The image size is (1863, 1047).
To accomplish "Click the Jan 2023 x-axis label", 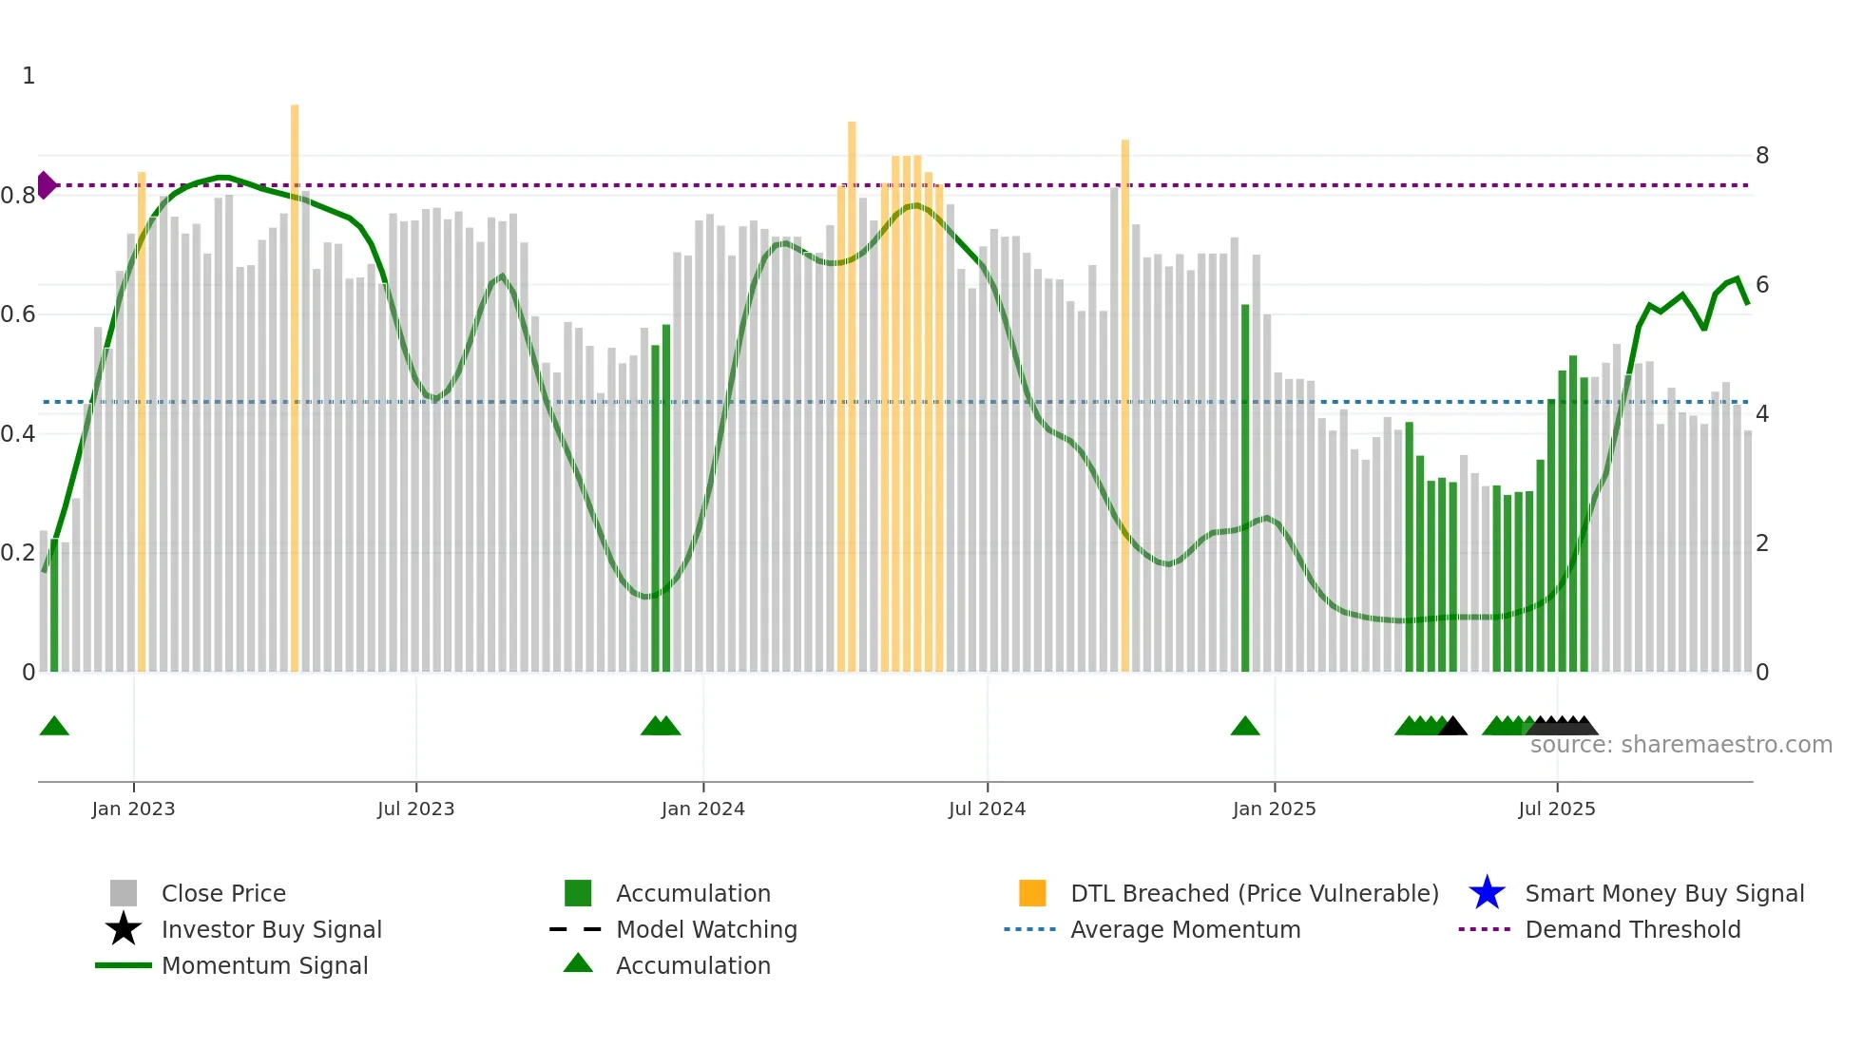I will pos(133,809).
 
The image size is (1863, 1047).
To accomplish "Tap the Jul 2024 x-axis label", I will pos(987,809).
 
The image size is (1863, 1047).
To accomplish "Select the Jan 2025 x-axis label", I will pos(1274,809).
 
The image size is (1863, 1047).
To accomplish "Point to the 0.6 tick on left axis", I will pos(18,314).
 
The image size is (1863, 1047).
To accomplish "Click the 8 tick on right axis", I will pos(1761,155).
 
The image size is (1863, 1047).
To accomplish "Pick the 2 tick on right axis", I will pos(1761,543).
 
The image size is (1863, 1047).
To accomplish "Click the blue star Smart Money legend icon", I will pos(1487,893).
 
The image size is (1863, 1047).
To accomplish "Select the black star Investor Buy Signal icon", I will pos(124,929).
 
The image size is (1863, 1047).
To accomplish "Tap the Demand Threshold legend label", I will pos(1632,929).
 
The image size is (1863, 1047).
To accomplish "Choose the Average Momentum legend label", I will pos(1184,929).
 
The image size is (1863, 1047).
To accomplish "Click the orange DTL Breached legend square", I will pos(1032,893).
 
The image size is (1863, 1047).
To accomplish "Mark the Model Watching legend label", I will pos(706,929).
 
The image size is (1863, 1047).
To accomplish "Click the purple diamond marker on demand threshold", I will pos(46,185).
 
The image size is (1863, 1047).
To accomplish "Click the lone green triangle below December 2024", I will pos(1245,727).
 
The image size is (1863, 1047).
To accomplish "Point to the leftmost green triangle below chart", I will pos(54,727).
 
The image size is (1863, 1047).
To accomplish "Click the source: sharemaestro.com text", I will pos(1681,745).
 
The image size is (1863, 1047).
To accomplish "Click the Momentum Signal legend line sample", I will pos(124,965).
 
